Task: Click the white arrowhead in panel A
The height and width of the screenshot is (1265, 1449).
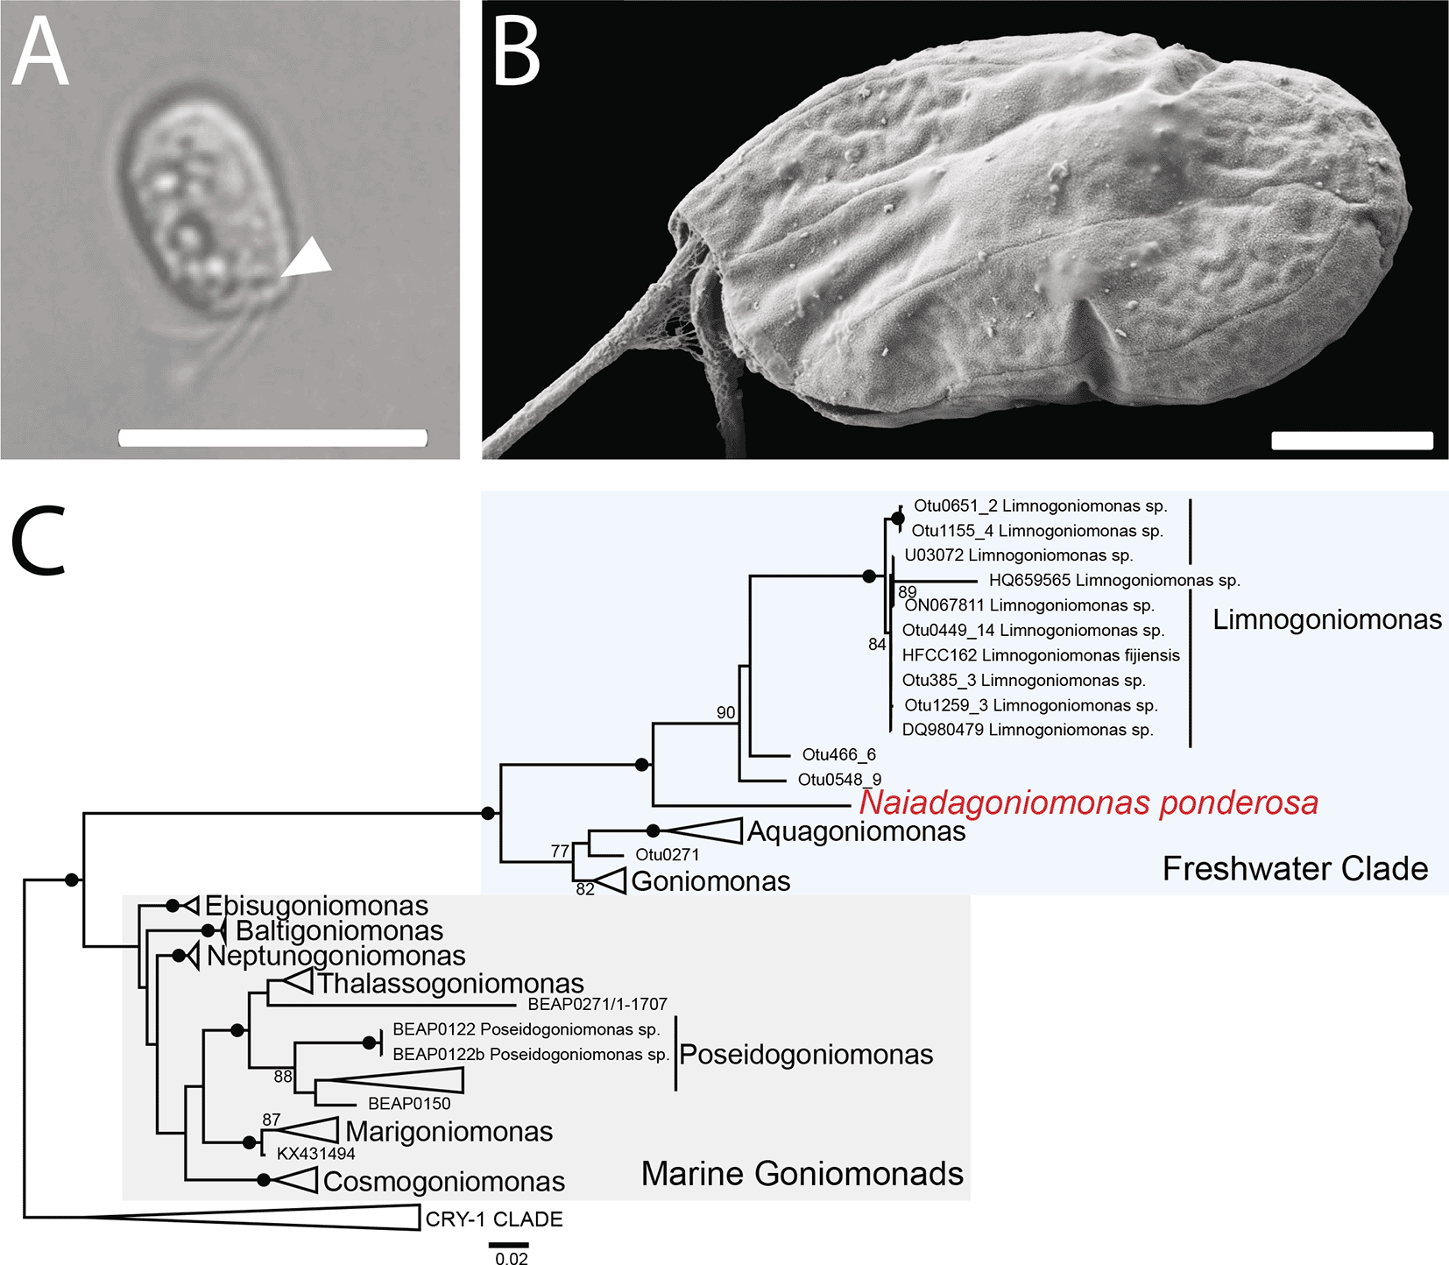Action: (307, 259)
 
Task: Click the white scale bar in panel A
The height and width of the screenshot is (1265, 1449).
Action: (272, 438)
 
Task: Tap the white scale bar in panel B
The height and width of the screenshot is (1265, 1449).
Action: (1352, 441)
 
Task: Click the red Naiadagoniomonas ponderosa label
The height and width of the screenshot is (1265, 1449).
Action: (1088, 802)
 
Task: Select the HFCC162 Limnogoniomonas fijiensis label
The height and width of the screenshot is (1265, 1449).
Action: (1040, 655)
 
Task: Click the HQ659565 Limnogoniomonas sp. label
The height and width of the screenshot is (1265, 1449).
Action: (1113, 580)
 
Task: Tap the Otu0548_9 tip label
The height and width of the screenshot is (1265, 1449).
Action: (839, 780)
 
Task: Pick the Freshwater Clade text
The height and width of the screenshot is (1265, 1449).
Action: (1294, 868)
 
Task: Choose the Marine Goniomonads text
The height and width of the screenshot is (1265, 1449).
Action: (802, 1173)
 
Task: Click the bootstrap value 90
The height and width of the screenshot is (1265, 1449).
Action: (725, 712)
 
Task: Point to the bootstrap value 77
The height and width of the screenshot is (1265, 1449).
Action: (560, 851)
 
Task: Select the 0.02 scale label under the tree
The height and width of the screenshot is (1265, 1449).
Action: (512, 1259)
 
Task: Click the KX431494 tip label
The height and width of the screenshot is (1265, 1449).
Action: (315, 1154)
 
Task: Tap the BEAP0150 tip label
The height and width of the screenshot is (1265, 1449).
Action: (408, 1104)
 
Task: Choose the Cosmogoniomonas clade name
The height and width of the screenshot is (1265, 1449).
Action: (443, 1181)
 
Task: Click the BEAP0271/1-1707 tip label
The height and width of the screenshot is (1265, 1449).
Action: (597, 1004)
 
